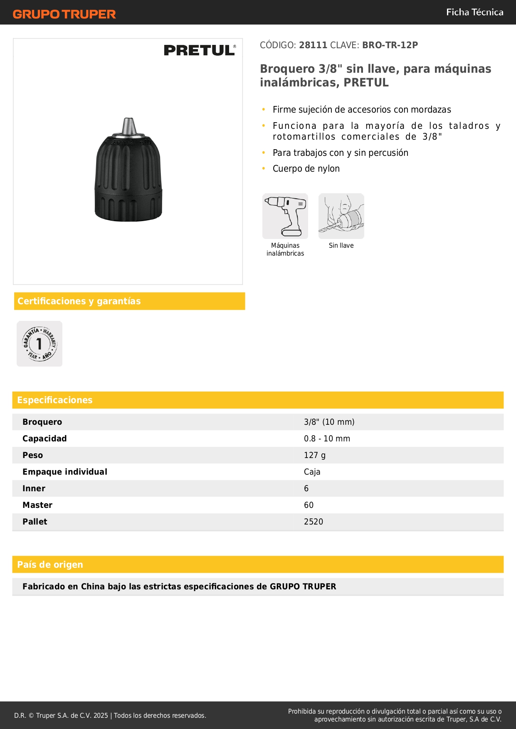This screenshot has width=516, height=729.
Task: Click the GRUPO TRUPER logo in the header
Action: pyautogui.click(x=64, y=14)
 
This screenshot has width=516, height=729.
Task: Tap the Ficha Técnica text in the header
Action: pyautogui.click(x=474, y=12)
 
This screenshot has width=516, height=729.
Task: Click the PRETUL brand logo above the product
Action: pyautogui.click(x=200, y=50)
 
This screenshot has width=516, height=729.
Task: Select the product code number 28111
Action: pyautogui.click(x=313, y=45)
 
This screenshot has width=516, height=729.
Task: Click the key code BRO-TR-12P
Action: pyautogui.click(x=390, y=45)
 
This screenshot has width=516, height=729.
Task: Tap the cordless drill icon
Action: pyautogui.click(x=285, y=216)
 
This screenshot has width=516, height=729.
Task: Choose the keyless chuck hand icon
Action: pyautogui.click(x=341, y=216)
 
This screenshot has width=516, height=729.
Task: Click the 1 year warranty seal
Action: pyautogui.click(x=40, y=344)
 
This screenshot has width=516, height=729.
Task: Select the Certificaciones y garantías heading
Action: pyautogui.click(x=79, y=301)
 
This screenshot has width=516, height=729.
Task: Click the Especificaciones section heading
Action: pyautogui.click(x=55, y=400)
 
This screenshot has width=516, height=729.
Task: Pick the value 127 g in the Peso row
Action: pyautogui.click(x=315, y=455)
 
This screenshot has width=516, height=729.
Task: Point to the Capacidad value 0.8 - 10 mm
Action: pyautogui.click(x=327, y=438)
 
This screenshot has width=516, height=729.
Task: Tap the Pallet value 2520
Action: pyautogui.click(x=314, y=522)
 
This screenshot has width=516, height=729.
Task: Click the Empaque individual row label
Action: pyautogui.click(x=65, y=472)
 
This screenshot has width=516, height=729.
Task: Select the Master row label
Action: pyautogui.click(x=37, y=505)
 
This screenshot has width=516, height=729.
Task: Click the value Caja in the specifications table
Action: pyautogui.click(x=312, y=472)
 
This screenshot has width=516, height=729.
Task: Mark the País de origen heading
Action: pyautogui.click(x=50, y=565)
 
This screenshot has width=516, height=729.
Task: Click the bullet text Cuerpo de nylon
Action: pyautogui.click(x=306, y=169)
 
